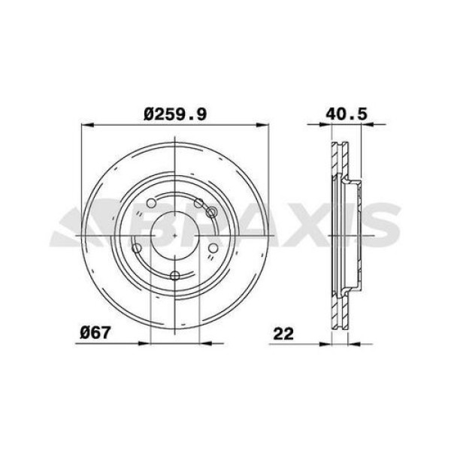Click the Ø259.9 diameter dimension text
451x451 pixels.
coord(175,114)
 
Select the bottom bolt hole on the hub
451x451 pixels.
coord(174,275)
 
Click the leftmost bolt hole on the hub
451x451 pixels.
coord(136,248)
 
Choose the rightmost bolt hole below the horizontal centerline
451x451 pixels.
coord(213,248)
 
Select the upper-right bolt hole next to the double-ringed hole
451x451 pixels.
coord(198,203)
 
